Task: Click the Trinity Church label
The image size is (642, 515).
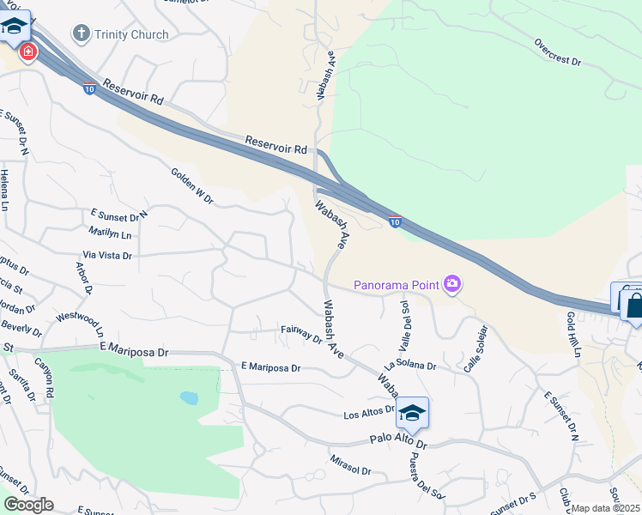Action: (x=131, y=34)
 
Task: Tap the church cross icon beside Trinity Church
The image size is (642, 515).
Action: (x=82, y=34)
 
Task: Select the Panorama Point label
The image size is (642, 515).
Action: (x=396, y=284)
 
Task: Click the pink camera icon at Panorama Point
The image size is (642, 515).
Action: (x=452, y=284)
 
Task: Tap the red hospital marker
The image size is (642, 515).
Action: (x=28, y=52)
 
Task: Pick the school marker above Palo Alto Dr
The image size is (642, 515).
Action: (x=412, y=414)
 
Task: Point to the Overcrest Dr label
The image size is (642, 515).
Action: (x=558, y=52)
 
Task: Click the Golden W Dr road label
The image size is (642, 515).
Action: (x=191, y=185)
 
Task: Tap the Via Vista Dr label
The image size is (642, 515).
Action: (x=107, y=256)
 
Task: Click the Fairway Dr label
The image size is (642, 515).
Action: (x=300, y=334)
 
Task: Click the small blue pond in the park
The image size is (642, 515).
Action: (x=189, y=398)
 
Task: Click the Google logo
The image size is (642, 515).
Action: (x=28, y=505)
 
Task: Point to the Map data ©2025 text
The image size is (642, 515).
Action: (x=606, y=508)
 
